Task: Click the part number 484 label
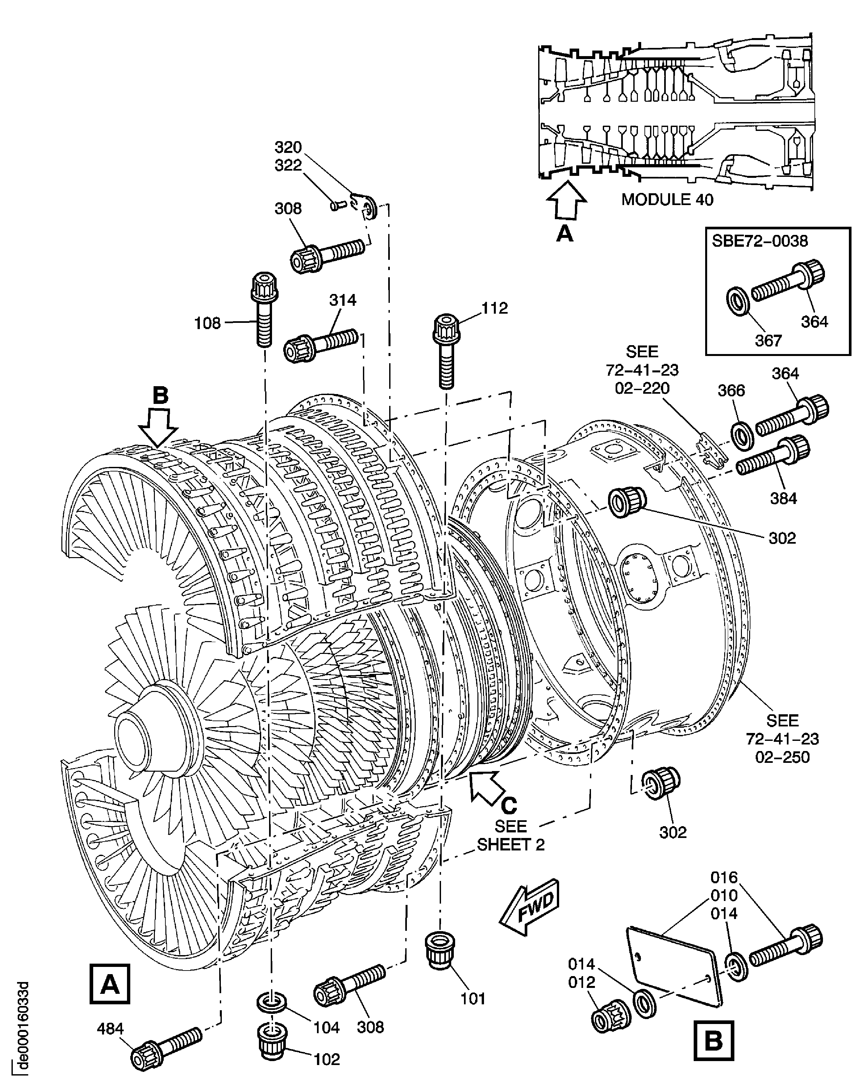pyautogui.click(x=110, y=1029)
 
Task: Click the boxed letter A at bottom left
pyautogui.click(x=109, y=984)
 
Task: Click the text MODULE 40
pyautogui.click(x=667, y=200)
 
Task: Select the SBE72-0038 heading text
pyautogui.click(x=759, y=241)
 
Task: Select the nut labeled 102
pyautogui.click(x=273, y=1040)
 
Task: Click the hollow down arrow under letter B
pyautogui.click(x=158, y=428)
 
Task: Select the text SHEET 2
pyautogui.click(x=511, y=845)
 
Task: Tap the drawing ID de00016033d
pyautogui.click(x=22, y=1023)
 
